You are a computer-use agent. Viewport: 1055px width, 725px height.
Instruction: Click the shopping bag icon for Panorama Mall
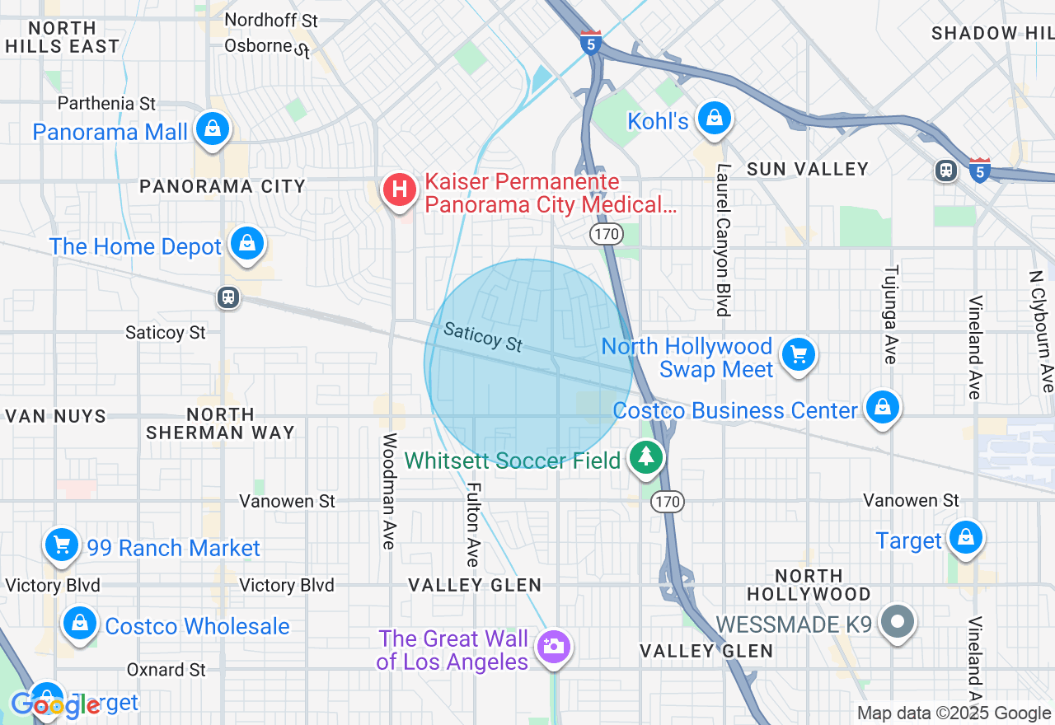pos(213,129)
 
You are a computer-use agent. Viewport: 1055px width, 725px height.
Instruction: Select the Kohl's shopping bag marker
pos(714,119)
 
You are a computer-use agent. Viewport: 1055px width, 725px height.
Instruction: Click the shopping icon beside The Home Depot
pos(246,244)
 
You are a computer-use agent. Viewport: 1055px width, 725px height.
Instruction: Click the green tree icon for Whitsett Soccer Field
pos(646,456)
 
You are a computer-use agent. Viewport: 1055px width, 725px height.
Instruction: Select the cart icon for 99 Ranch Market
pos(61,545)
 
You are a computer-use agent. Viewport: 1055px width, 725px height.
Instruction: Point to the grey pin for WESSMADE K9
pos(898,620)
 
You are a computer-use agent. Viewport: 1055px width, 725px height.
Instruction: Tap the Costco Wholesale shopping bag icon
pos(80,624)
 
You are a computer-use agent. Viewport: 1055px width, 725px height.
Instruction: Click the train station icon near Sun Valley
pos(945,171)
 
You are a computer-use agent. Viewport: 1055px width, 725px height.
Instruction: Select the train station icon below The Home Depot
pos(228,297)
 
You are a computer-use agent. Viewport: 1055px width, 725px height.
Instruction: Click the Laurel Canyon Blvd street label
pos(723,240)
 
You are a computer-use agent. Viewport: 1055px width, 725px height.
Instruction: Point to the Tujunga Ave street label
pos(890,314)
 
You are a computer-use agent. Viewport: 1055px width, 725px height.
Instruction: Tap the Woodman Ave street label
pos(389,491)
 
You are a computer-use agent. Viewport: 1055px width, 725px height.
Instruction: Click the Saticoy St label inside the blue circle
pos(483,336)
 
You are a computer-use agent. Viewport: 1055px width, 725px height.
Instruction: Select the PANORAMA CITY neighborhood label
pos(223,186)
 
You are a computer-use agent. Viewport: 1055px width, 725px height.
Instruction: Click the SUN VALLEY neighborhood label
pos(807,169)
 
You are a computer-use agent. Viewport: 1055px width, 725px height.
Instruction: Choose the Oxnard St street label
pos(166,669)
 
